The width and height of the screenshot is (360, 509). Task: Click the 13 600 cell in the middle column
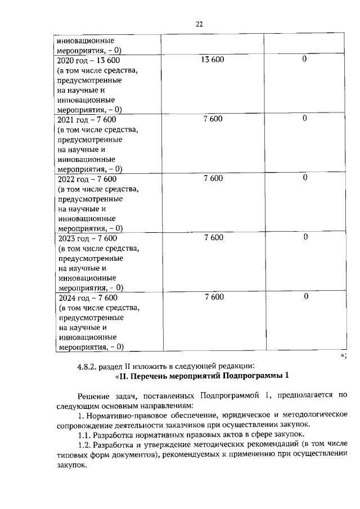[212, 59]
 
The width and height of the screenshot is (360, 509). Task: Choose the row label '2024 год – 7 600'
[88, 297]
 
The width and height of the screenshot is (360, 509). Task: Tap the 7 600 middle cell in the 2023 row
[213, 237]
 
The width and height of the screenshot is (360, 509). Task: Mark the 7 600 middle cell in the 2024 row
[213, 296]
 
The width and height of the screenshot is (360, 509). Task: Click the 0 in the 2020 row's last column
[304, 59]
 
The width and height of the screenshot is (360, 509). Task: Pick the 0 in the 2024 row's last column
[304, 296]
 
